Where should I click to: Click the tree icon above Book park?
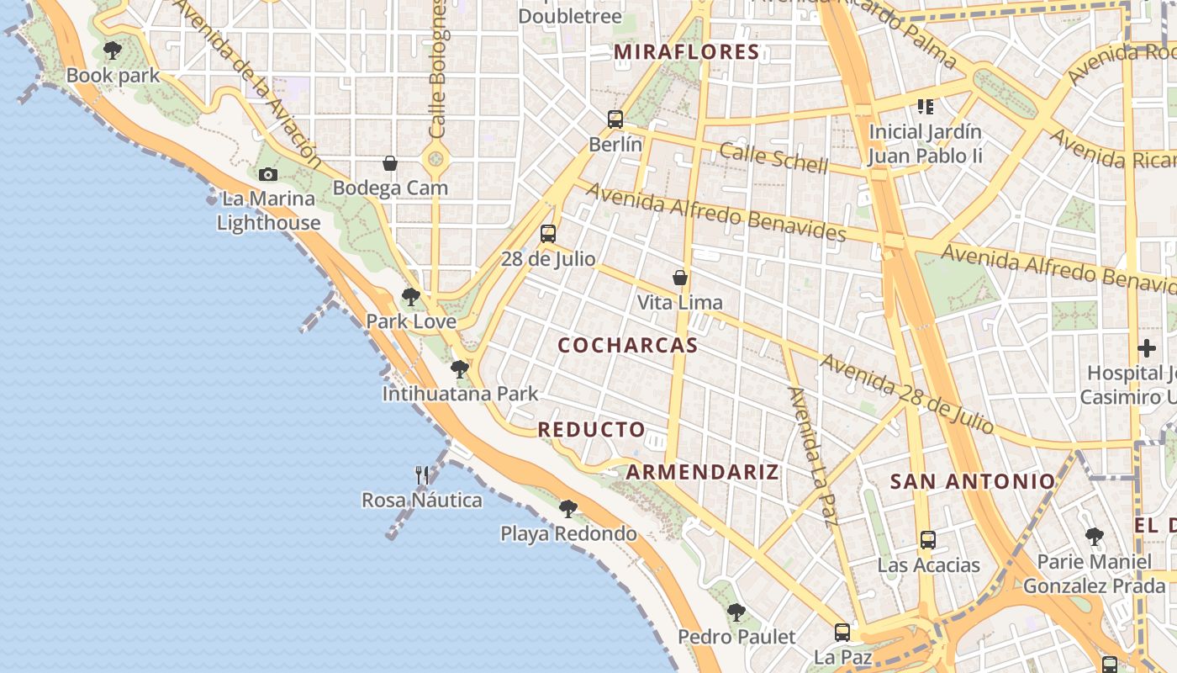(x=112, y=50)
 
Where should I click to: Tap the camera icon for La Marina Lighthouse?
(x=268, y=174)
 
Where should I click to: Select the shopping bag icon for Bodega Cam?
(x=390, y=162)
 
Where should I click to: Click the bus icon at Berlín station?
(x=615, y=119)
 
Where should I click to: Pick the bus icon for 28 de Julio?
(x=548, y=233)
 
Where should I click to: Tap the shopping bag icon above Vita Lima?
(x=679, y=277)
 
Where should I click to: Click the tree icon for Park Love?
(x=411, y=296)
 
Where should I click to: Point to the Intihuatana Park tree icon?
(x=460, y=368)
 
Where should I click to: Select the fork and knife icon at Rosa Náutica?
(x=422, y=475)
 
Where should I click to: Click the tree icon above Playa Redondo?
(x=568, y=508)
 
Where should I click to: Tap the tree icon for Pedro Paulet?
(x=736, y=612)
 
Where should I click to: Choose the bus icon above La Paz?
(x=842, y=632)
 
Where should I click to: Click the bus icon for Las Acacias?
(x=928, y=539)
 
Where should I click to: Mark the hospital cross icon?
(x=1147, y=347)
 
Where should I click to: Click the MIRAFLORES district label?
(x=686, y=52)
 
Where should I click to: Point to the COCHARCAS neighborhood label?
(x=628, y=345)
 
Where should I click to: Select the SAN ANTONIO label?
(x=972, y=481)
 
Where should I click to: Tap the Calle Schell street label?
(x=773, y=157)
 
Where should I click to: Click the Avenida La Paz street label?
(x=812, y=454)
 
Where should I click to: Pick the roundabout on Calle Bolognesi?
(x=435, y=156)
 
